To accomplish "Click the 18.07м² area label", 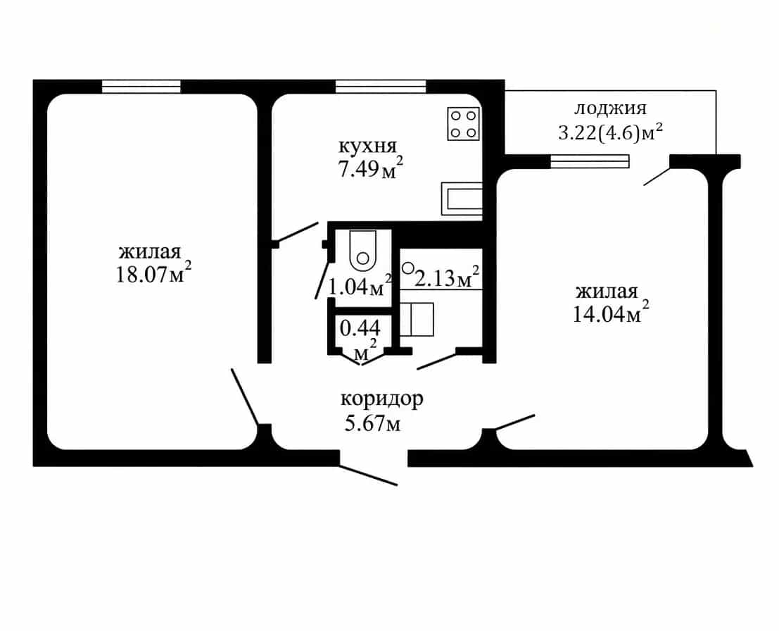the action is tap(153, 272).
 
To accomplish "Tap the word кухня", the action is tap(367, 146).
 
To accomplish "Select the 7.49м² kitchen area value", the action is tap(370, 168).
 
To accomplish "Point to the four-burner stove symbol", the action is tap(464, 124).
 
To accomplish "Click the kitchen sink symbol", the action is tap(462, 199).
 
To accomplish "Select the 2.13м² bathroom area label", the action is tap(447, 277).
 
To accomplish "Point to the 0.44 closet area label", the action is tap(360, 327).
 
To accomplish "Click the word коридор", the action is tap(381, 399).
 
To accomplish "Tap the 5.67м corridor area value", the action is tap(372, 423).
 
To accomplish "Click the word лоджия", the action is tap(611, 109).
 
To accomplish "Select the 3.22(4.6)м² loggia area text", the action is tap(611, 132).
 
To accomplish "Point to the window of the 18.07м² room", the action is tap(141, 87).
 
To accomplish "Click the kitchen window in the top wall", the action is tap(381, 87).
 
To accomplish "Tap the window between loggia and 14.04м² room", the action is tap(590, 161).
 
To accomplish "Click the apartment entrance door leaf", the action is tap(369, 475).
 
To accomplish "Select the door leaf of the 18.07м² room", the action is tap(244, 396).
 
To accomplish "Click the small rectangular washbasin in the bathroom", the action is tap(417, 319).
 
